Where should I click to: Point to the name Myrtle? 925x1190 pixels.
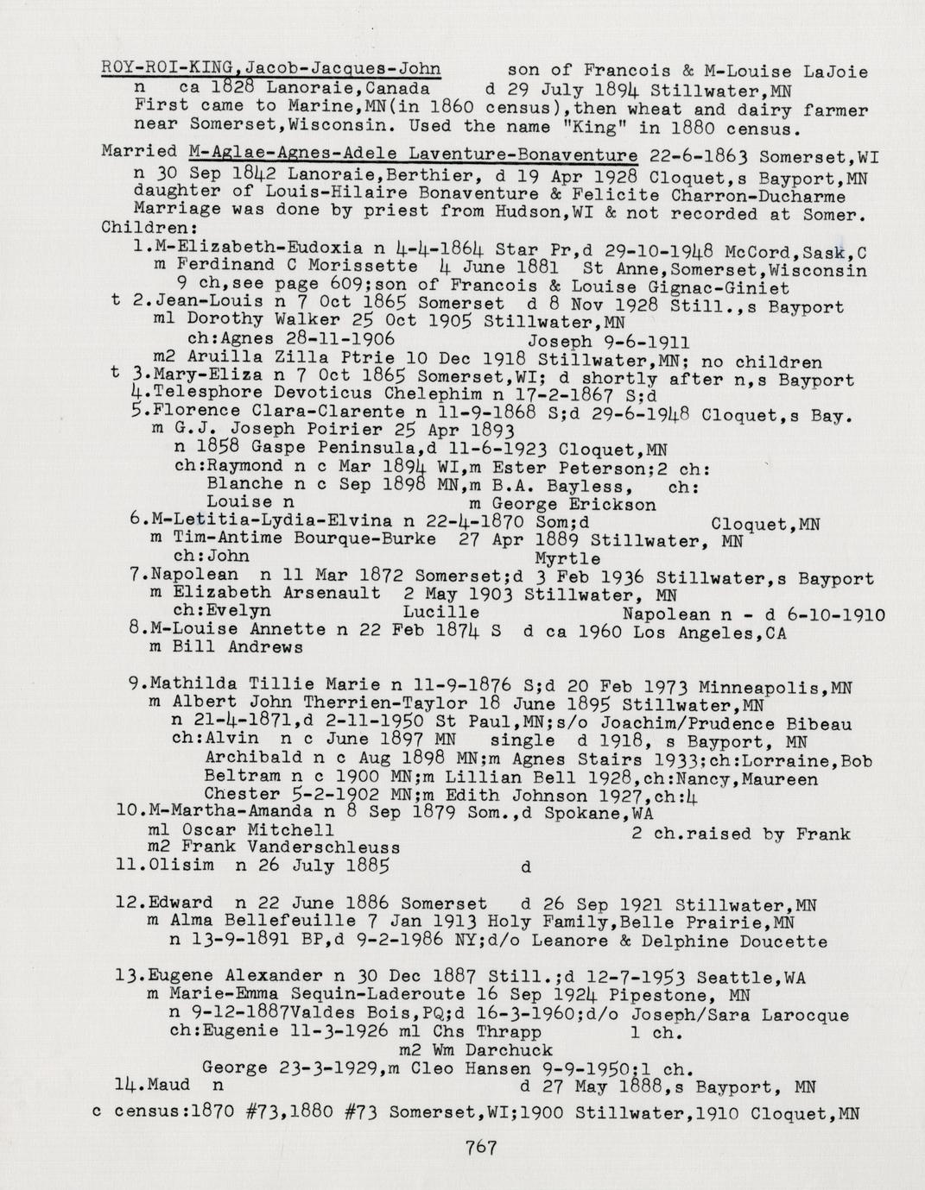(567, 557)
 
